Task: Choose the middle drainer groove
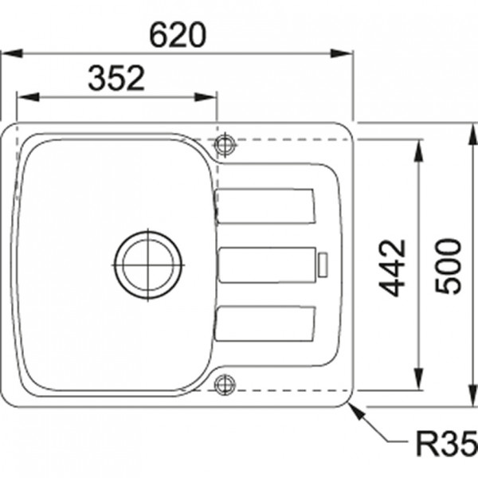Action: click(266, 264)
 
